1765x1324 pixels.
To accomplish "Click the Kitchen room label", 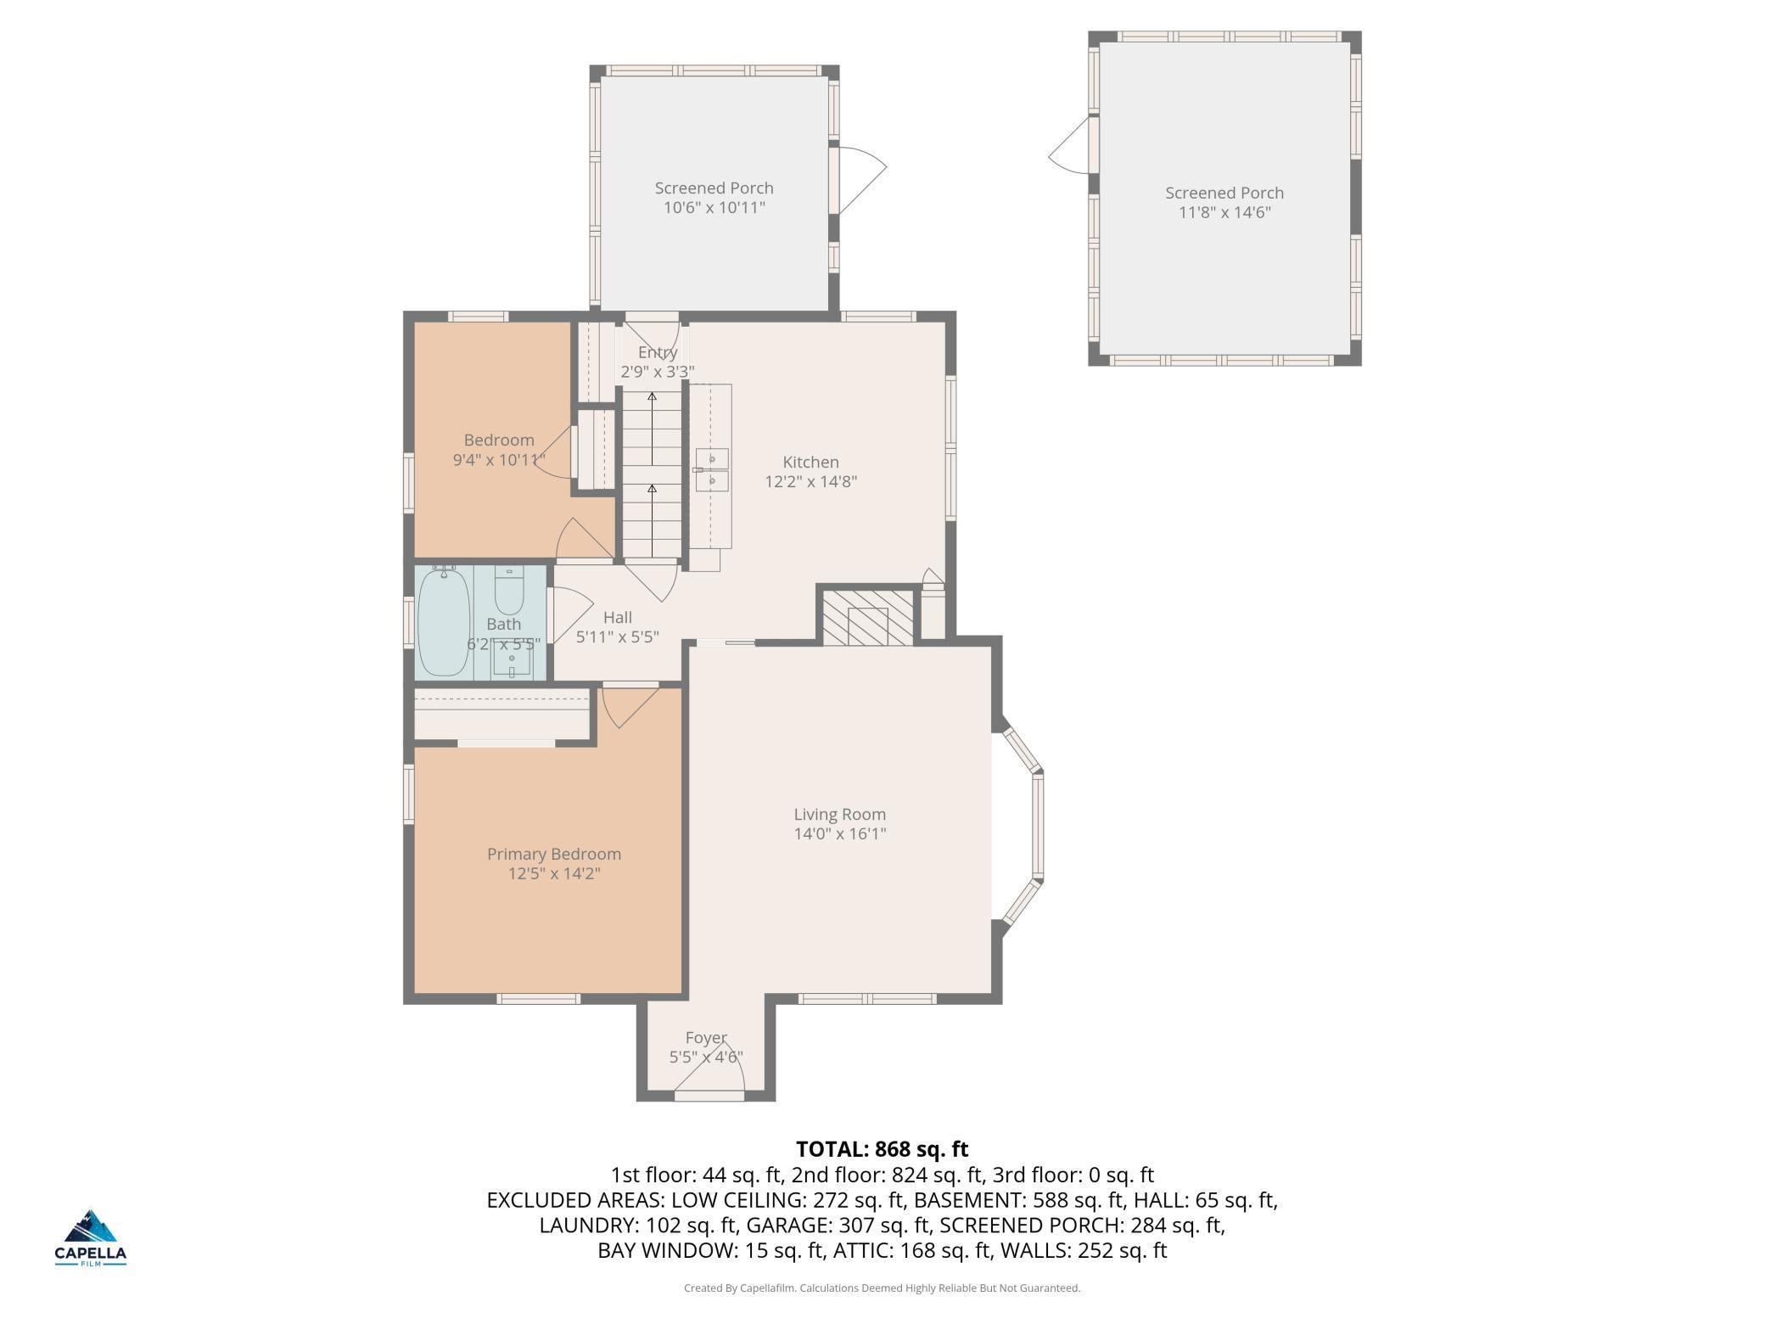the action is click(810, 463).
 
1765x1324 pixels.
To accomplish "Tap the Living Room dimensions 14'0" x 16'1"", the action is click(840, 834).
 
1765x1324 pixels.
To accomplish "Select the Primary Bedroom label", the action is click(554, 855).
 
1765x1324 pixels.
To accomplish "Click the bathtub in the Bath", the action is click(445, 621).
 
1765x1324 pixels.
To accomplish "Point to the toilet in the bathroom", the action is click(509, 590).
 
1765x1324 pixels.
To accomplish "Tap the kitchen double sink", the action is click(712, 470).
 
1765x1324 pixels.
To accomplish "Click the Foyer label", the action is click(706, 1038).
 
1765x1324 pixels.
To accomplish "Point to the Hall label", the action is click(618, 618).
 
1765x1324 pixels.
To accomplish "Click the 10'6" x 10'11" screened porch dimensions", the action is click(714, 208).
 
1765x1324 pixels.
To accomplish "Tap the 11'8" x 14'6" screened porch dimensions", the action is click(1224, 212).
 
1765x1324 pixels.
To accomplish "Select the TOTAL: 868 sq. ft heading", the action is click(882, 1149).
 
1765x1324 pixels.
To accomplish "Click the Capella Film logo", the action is click(91, 1237).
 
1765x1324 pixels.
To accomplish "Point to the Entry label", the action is click(658, 352).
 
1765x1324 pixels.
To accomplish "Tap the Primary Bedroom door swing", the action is click(629, 706).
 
